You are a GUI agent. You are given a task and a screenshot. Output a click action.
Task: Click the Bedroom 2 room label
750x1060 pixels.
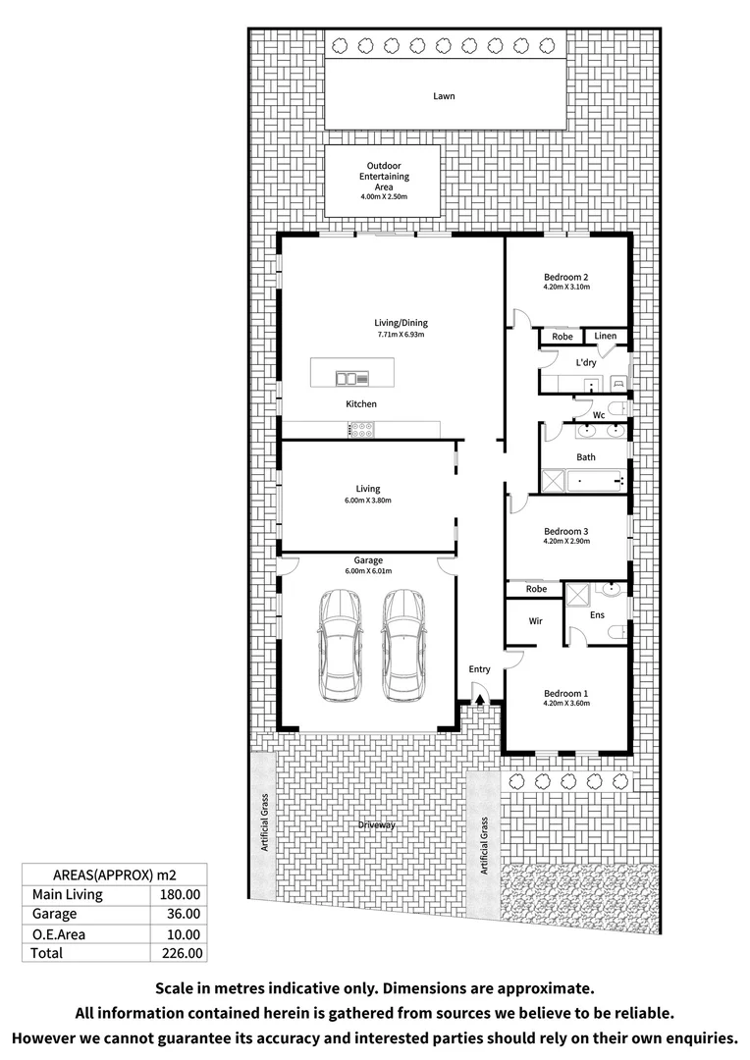pos(565,277)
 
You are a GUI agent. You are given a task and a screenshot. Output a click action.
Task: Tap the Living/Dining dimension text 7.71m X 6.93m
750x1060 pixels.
pos(401,335)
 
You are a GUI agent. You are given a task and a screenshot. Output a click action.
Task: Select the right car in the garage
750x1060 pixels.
pos(402,644)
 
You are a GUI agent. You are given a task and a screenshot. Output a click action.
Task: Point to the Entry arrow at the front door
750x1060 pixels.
pos(479,699)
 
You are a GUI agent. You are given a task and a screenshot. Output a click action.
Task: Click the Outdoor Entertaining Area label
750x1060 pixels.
pos(384,177)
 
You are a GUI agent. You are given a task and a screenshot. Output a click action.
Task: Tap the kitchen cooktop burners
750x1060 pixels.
pos(359,428)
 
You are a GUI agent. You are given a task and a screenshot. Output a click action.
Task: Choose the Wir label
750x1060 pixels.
pos(535,621)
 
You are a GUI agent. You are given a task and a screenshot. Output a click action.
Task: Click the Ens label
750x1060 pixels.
pos(597,615)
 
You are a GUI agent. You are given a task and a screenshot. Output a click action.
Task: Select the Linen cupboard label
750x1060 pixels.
pos(606,337)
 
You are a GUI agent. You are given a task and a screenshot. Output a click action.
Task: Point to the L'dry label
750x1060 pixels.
pos(586,363)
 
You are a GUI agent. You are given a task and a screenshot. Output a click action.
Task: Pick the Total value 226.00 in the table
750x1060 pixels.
pos(181,952)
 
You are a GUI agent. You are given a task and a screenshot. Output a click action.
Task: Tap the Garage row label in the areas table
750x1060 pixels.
pos(55,914)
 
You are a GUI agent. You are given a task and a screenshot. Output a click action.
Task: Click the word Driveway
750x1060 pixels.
pos(376,825)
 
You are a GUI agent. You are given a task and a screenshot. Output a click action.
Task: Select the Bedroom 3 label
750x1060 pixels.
pos(565,531)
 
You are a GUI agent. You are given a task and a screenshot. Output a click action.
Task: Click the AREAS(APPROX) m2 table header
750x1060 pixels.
pos(114,874)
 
